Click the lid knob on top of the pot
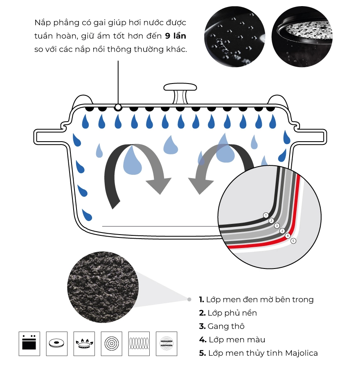tap(180, 93)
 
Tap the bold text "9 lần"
tap(175, 36)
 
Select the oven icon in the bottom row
tap(29, 343)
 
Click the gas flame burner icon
tap(84, 343)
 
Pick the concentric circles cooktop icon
tap(112, 343)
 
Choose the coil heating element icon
tap(139, 343)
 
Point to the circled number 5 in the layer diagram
tap(293, 241)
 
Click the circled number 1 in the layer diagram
tap(266, 215)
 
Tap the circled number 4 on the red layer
tap(288, 236)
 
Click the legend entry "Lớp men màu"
tap(232, 340)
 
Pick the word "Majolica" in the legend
tap(301, 353)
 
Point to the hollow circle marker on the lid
tap(118, 108)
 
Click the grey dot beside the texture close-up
tap(189, 299)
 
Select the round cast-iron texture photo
tap(103, 287)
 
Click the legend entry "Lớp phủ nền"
tap(228, 313)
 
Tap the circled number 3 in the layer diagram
tap(277, 226)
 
